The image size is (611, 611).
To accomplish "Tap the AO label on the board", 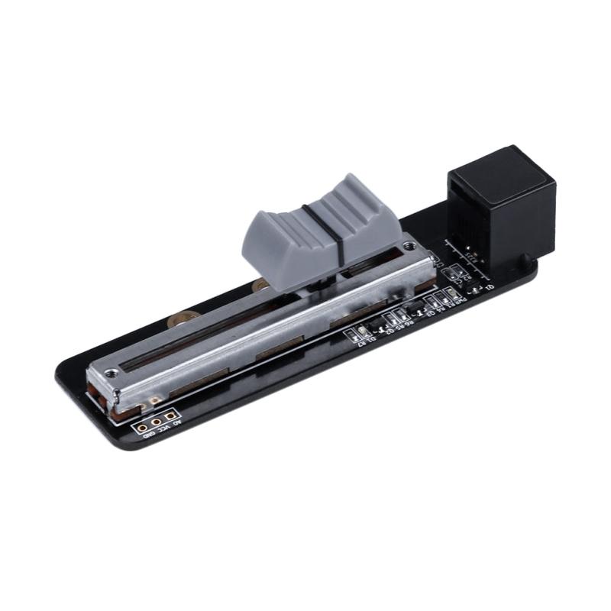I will (x=177, y=423).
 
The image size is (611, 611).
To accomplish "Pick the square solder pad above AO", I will (x=169, y=415).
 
